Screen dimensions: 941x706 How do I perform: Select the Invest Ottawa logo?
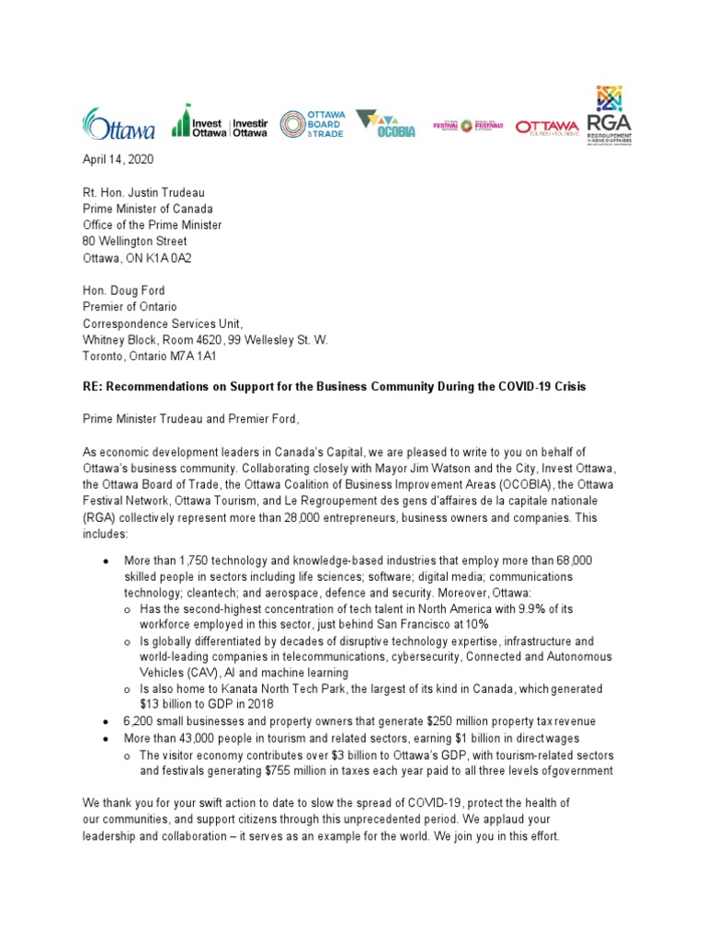coord(220,123)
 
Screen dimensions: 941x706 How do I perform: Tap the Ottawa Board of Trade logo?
coord(311,123)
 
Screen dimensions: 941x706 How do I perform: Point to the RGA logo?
coord(609,116)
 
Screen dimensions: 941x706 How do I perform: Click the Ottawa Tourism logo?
coord(547,127)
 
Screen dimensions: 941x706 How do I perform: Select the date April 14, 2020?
coord(119,159)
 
